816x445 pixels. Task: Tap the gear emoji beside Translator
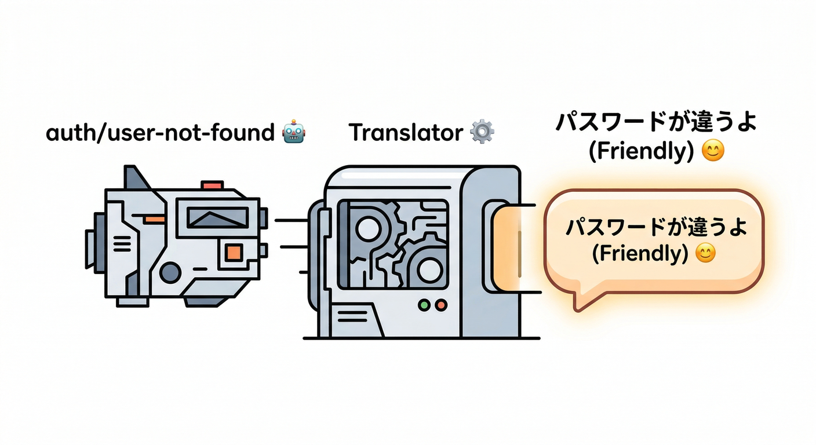tap(482, 132)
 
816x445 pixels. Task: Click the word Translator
tap(405, 133)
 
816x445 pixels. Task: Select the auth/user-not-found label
tap(159, 133)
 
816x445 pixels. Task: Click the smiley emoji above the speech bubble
tap(713, 152)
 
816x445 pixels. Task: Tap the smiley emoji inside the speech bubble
tap(705, 253)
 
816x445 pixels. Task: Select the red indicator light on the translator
tap(441, 305)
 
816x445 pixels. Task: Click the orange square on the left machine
tap(233, 253)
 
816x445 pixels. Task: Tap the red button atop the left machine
tap(212, 185)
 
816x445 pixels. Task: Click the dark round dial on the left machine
tap(170, 272)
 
